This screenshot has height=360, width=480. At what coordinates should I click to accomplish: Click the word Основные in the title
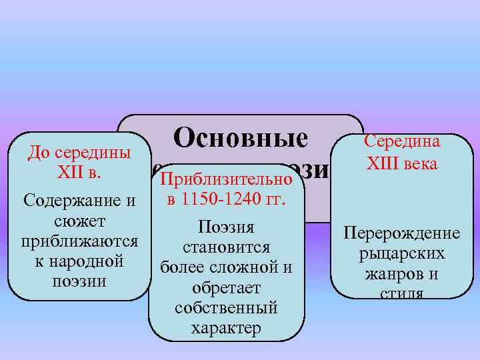[240, 139]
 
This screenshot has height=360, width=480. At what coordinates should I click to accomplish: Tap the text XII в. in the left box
[79, 171]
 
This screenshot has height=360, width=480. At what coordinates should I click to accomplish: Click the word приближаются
[79, 240]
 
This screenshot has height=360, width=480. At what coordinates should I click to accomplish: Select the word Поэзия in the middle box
[227, 228]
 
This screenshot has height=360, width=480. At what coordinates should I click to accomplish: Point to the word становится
[226, 248]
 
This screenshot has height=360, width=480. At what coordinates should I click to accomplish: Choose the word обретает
[226, 289]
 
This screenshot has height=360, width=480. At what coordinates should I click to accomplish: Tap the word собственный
[226, 309]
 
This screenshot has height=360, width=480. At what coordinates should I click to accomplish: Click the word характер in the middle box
[226, 329]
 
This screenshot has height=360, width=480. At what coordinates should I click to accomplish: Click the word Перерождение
[401, 233]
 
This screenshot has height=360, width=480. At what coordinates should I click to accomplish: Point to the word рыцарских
[401, 254]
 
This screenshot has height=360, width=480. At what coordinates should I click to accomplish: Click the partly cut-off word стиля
[401, 293]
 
